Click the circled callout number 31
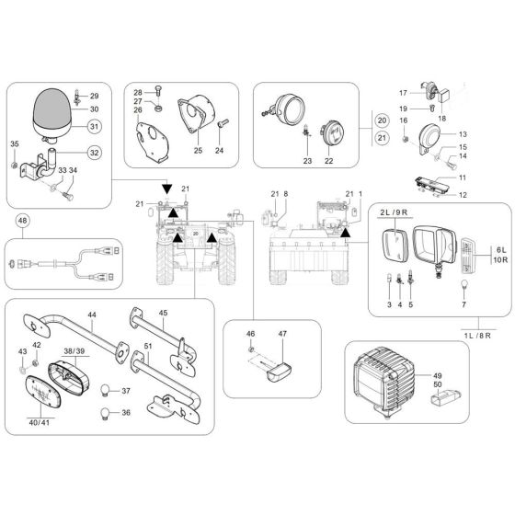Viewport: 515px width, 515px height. (x=95, y=127)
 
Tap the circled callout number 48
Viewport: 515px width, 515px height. (x=23, y=221)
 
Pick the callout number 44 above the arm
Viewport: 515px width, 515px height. (x=91, y=315)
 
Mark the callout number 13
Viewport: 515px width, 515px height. (x=463, y=133)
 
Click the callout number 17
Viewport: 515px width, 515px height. (x=403, y=93)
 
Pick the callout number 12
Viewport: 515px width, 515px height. (x=463, y=194)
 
